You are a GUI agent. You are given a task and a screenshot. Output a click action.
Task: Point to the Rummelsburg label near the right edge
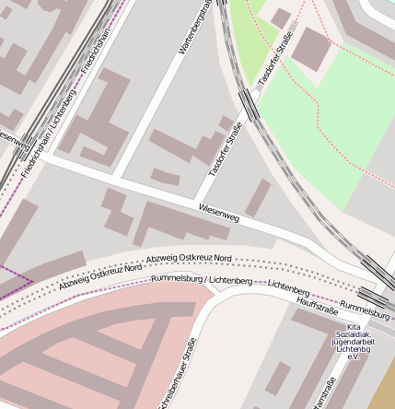click(x=365, y=310)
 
